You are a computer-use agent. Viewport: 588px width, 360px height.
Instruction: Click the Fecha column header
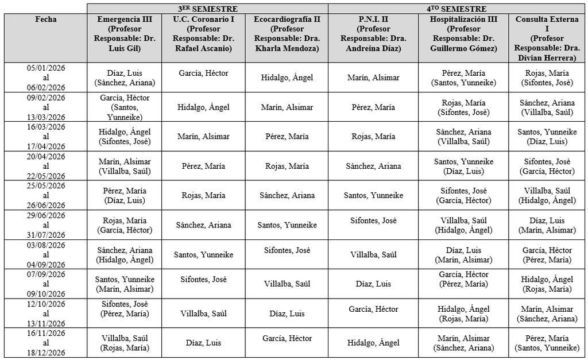tap(46, 20)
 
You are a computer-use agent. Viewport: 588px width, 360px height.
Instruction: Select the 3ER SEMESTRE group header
tap(207, 9)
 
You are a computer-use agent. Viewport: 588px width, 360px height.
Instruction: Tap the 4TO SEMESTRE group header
tap(458, 9)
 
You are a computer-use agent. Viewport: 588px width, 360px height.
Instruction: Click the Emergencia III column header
tap(125, 34)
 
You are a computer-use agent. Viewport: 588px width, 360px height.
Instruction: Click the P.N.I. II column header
tap(373, 34)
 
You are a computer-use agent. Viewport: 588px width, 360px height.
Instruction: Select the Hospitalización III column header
tap(463, 34)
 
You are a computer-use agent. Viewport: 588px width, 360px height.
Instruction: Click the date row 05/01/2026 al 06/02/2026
tap(46, 78)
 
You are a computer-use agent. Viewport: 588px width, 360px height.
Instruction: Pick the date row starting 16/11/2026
tap(46, 343)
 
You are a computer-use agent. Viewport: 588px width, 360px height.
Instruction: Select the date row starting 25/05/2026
tap(46, 195)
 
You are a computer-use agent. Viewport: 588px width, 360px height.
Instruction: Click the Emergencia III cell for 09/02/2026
tap(125, 107)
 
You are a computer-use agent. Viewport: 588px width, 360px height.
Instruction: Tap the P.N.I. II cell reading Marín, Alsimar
tap(373, 78)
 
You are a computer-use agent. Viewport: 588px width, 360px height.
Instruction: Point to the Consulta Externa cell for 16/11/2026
tap(547, 343)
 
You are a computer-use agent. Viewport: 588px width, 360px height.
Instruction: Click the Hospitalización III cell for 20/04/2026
tap(463, 166)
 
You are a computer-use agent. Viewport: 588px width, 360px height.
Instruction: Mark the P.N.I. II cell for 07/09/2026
tap(373, 284)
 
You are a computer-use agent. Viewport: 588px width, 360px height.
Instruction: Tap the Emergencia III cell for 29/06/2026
tap(125, 225)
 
